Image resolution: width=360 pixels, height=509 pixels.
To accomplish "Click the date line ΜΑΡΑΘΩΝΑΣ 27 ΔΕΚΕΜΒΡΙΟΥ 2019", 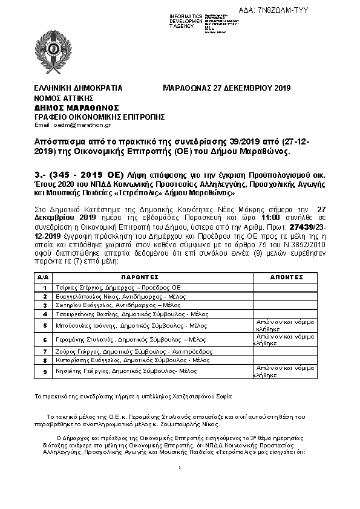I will (227, 88).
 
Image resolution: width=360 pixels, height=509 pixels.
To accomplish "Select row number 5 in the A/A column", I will (44, 325).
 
